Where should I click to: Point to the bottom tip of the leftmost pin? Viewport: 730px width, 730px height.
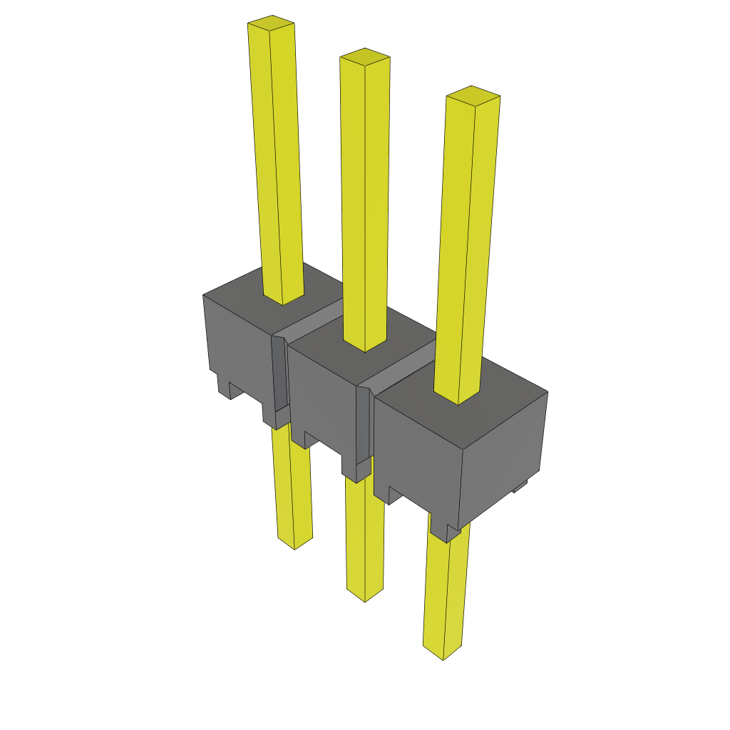tap(294, 543)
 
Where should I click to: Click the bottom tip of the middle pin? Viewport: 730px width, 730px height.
tap(364, 596)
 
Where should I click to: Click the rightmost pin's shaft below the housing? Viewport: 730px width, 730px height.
tap(446, 592)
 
